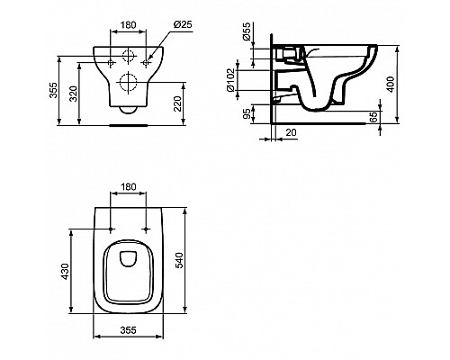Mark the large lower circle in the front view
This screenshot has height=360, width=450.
coord(125,84)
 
